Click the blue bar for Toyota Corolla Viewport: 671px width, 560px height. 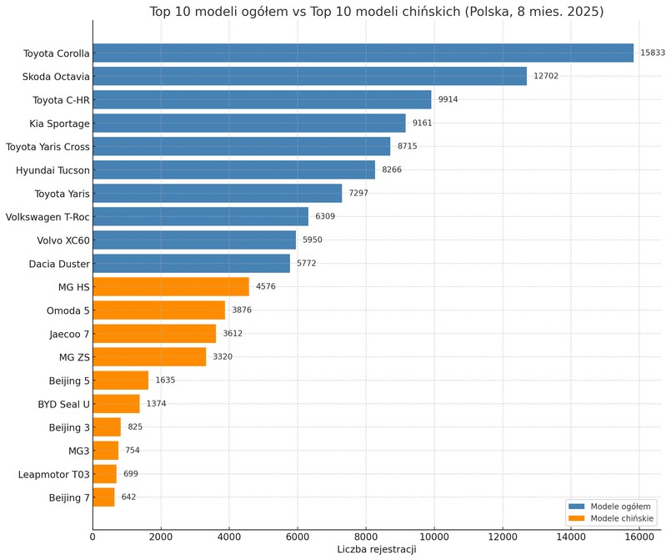click(x=363, y=53)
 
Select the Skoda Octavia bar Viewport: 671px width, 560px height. click(x=309, y=77)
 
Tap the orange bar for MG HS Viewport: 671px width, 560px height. click(x=171, y=287)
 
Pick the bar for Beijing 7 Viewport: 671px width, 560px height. click(x=103, y=497)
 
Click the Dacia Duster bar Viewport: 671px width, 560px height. click(x=191, y=264)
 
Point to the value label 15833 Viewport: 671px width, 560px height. click(x=652, y=53)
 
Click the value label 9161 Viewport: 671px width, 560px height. click(x=422, y=124)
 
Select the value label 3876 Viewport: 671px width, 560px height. click(x=242, y=310)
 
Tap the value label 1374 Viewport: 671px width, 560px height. click(x=156, y=404)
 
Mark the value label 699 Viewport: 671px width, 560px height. click(x=131, y=474)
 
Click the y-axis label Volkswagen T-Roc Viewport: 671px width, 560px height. click(x=48, y=217)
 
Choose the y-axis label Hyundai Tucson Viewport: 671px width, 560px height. click(x=53, y=170)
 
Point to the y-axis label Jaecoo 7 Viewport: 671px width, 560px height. click(x=69, y=334)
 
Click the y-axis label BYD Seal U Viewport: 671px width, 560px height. click(x=63, y=404)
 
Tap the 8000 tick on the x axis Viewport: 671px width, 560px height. click(x=366, y=537)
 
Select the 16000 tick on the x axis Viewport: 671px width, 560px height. click(x=638, y=537)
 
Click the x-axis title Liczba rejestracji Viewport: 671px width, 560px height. click(x=376, y=550)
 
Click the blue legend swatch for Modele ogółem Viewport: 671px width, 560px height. click(x=576, y=506)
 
